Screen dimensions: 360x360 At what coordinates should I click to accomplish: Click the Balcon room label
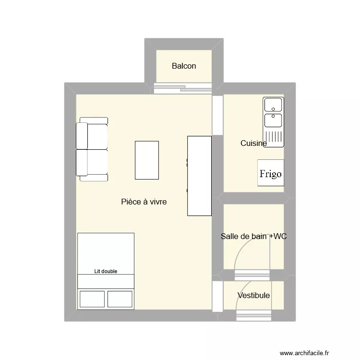[x=184, y=66]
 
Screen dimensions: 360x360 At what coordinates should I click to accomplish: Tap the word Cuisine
[x=253, y=143]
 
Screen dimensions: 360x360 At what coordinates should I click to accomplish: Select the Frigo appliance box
[x=270, y=173]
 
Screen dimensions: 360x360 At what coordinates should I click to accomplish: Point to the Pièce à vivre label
[x=144, y=202]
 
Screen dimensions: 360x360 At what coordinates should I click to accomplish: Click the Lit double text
[x=106, y=271]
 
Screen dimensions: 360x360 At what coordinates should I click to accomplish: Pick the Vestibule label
[x=253, y=296]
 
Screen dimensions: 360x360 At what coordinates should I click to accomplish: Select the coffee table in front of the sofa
[x=147, y=160]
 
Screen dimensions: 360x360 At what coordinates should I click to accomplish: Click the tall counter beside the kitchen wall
[x=199, y=176]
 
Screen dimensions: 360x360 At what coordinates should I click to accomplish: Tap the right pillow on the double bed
[x=120, y=299]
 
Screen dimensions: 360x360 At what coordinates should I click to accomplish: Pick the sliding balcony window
[x=183, y=88]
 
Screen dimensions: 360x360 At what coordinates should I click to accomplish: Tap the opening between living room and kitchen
[x=218, y=115]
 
